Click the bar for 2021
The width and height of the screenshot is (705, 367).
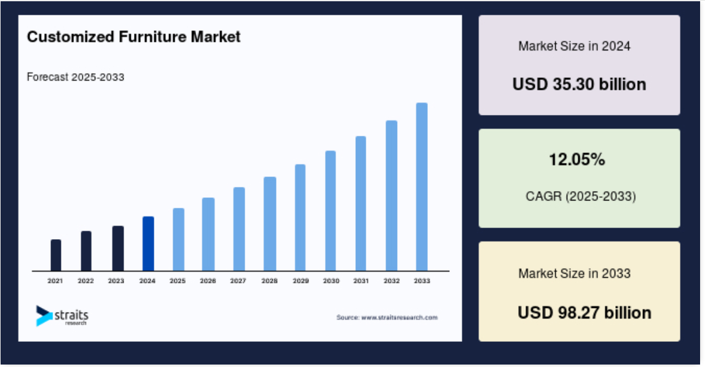tap(56, 255)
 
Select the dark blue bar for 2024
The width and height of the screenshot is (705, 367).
tap(148, 244)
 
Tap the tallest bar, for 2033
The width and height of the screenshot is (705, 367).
tap(422, 187)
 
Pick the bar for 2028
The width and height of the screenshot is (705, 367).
tap(270, 224)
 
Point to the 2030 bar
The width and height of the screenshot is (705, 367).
tap(331, 211)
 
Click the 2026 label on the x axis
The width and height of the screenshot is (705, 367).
tap(208, 281)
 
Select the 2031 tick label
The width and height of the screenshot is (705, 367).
tap(361, 281)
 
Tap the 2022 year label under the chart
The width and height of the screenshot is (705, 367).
tap(86, 281)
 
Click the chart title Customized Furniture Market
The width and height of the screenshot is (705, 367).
tap(133, 36)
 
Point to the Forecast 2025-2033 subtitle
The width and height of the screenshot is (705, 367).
tap(76, 77)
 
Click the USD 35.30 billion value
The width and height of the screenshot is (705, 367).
tap(579, 84)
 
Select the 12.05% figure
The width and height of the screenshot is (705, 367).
tap(577, 159)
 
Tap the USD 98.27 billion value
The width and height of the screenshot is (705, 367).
tap(584, 312)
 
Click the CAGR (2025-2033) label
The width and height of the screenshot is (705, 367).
tap(580, 196)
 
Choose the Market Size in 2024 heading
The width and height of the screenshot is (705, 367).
tap(574, 46)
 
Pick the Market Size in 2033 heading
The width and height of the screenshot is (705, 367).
tap(574, 274)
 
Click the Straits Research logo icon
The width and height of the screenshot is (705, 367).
tap(44, 316)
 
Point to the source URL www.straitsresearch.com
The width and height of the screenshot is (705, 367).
tap(400, 318)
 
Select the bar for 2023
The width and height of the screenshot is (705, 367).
tap(118, 248)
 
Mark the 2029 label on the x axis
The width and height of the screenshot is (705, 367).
tap(301, 281)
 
